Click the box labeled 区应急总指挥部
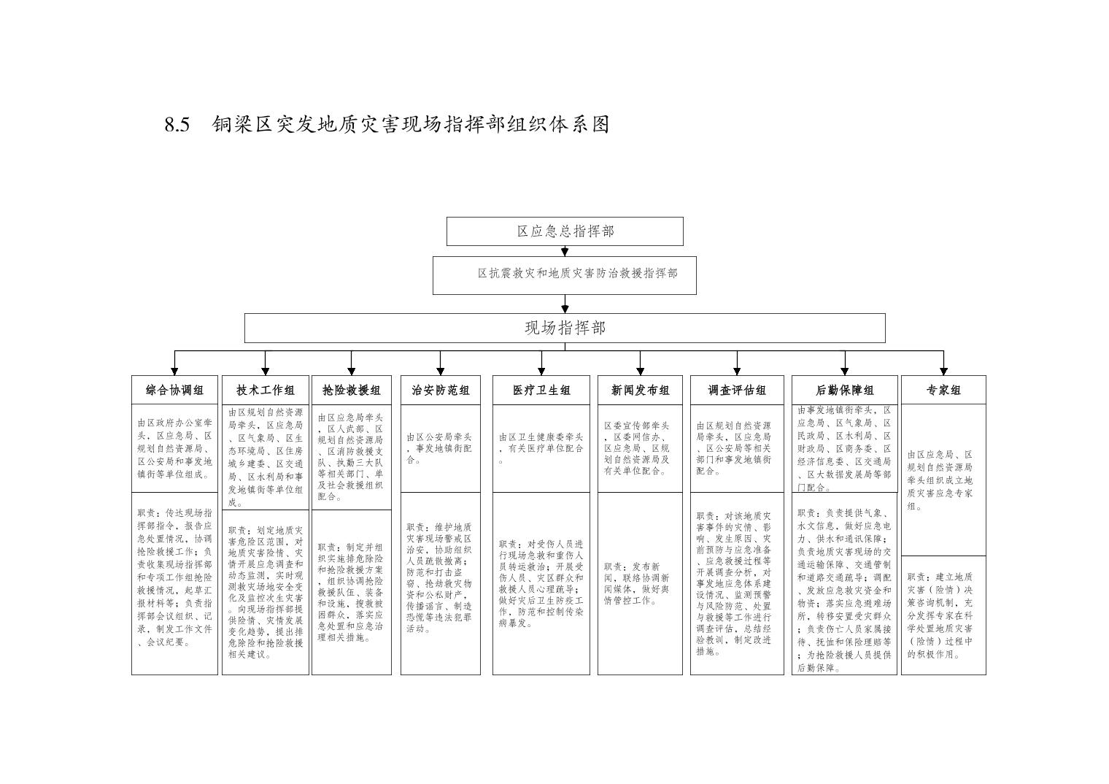[565, 231]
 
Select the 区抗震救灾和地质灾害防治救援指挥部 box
[565, 274]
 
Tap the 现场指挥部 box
[565, 328]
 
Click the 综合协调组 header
[174, 390]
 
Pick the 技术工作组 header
[266, 390]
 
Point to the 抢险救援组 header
[352, 390]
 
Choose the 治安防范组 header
[441, 390]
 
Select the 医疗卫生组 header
[541, 390]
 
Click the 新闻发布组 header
[640, 390]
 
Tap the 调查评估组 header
[737, 390]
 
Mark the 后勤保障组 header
[844, 390]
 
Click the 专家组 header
[943, 390]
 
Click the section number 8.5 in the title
[177, 125]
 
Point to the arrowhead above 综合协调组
[174, 371]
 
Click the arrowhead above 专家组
[943, 371]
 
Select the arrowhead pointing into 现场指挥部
[565, 310]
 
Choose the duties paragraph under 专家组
[941, 615]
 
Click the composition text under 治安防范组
[439, 448]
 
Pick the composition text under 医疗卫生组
[541, 448]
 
